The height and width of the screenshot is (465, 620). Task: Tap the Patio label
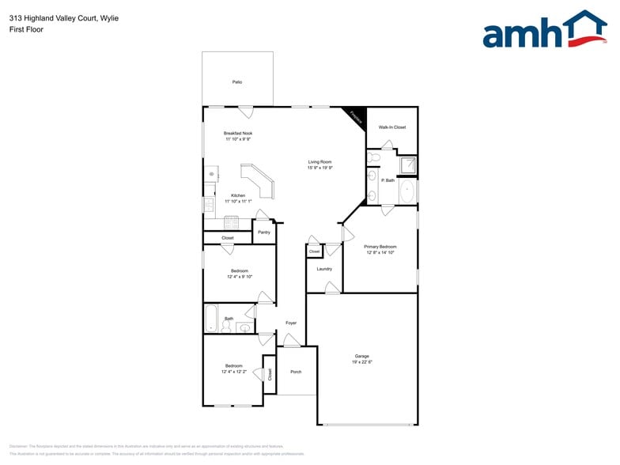237,82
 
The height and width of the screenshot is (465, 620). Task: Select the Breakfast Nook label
237,133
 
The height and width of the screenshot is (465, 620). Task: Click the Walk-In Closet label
391,127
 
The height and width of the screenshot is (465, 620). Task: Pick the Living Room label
319,162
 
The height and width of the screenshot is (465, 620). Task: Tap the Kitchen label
237,195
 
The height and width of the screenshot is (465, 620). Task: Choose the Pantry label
264,232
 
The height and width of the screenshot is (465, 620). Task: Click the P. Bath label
387,180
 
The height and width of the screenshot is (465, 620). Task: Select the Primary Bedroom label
380,247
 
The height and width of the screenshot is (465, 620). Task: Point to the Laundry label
324,269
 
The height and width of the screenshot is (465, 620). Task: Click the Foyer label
291,323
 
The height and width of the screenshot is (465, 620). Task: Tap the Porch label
296,372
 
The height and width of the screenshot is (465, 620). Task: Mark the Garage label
361,356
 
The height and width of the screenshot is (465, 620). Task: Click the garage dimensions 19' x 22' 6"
361,362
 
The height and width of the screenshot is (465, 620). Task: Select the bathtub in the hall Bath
210,319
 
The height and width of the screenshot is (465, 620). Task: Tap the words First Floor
26,29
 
